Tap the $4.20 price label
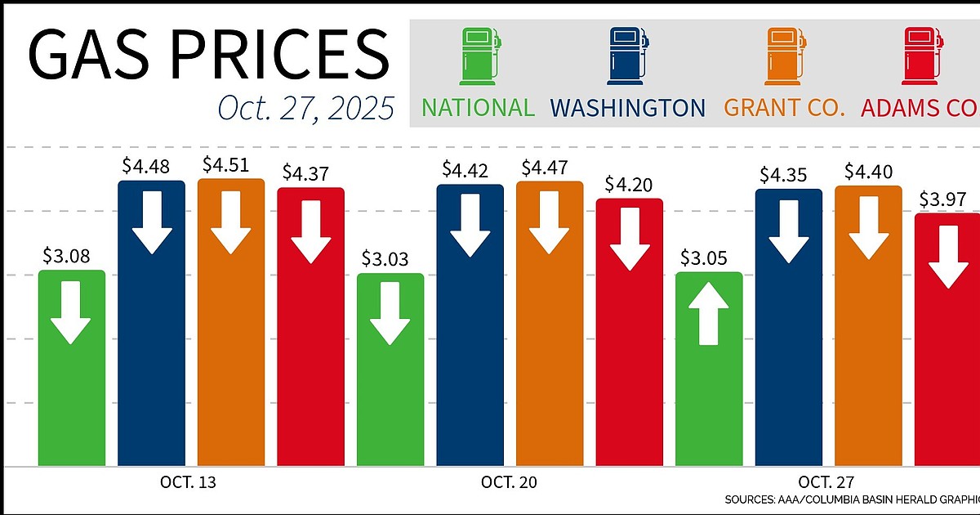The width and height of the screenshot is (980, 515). tap(629, 183)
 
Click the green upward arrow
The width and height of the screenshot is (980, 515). tap(709, 314)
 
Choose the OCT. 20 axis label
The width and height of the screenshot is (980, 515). tap(510, 482)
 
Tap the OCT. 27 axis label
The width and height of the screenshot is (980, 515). tap(827, 482)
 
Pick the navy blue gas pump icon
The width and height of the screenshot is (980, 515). tap(627, 56)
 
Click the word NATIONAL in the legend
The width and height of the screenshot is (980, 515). tap(478, 107)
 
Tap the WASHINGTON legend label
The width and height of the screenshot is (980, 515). tap(628, 107)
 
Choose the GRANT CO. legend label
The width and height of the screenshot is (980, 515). tap(784, 107)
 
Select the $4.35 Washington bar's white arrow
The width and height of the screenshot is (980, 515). tap(788, 231)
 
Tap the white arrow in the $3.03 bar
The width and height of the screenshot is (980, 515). tap(390, 313)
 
